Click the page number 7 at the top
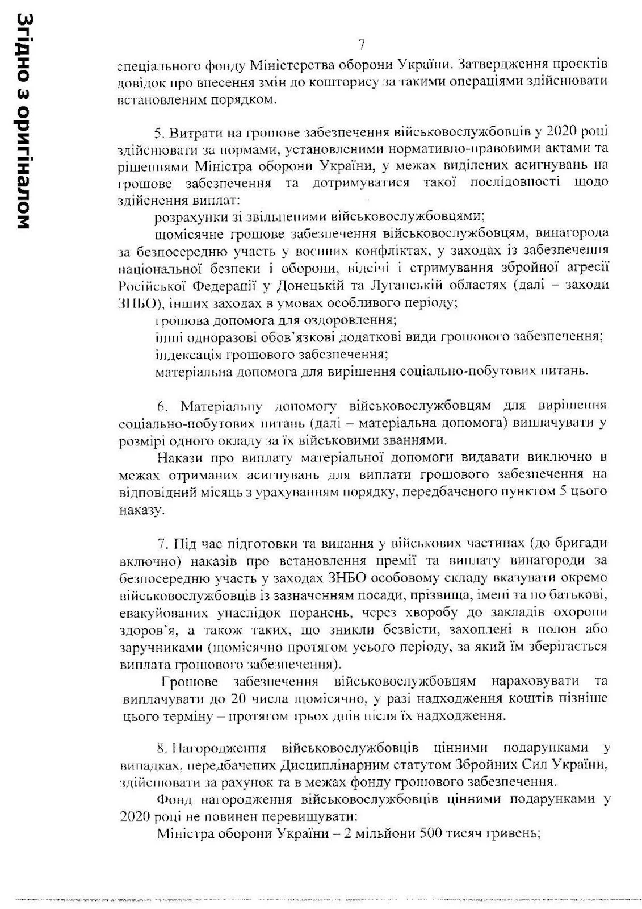(361, 44)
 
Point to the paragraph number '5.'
(159, 132)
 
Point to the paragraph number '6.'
(163, 406)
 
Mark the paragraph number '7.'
(163, 544)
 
